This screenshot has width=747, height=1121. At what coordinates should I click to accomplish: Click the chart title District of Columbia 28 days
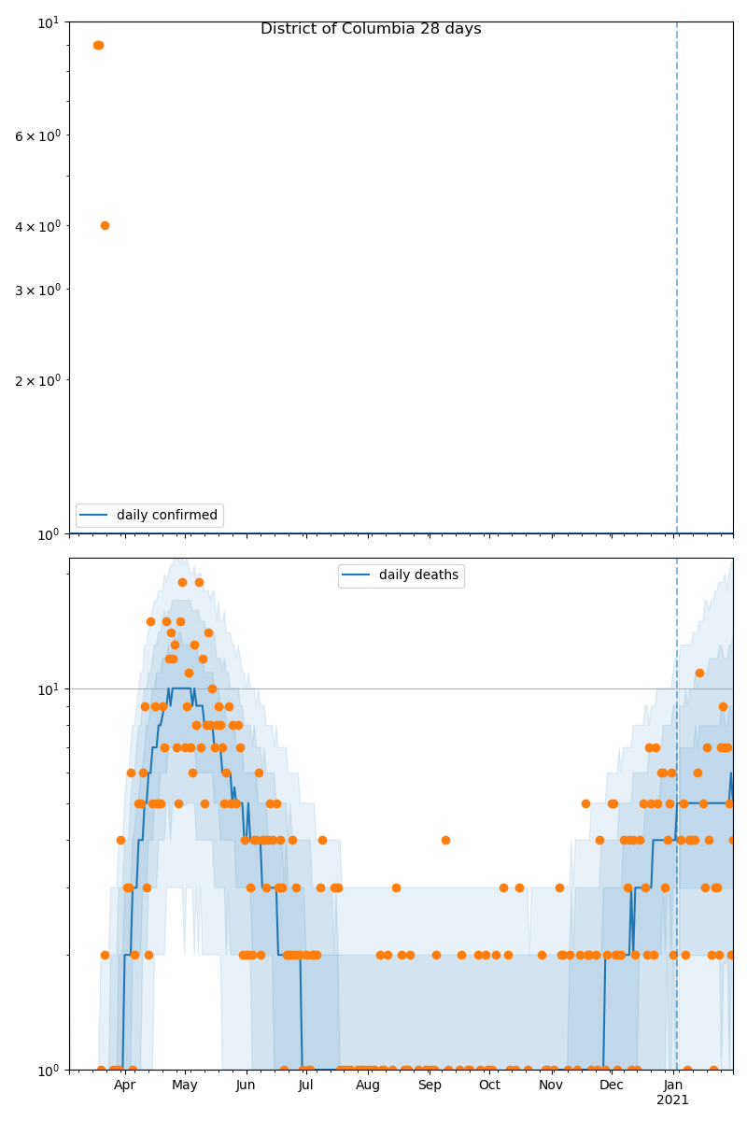pos(371,29)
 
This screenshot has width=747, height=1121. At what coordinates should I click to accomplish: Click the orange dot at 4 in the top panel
pos(105,225)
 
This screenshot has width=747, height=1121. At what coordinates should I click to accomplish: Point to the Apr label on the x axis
pos(124,1085)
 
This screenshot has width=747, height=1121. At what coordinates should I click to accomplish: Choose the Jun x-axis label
pos(246,1085)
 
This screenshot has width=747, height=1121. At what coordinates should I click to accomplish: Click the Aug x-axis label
pos(368,1085)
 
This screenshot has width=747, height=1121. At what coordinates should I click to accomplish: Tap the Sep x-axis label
pos(430,1085)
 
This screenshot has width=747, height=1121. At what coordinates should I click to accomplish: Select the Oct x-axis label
pos(489,1085)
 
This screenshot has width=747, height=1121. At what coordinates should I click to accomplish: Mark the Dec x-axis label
pos(612,1085)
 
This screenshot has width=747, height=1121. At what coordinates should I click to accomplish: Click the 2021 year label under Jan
pos(672,1100)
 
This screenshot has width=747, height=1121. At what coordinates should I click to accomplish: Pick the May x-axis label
pos(185,1085)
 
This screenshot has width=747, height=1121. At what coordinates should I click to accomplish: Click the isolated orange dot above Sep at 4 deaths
pos(445,840)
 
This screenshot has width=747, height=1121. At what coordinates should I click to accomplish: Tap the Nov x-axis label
pos(551,1085)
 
